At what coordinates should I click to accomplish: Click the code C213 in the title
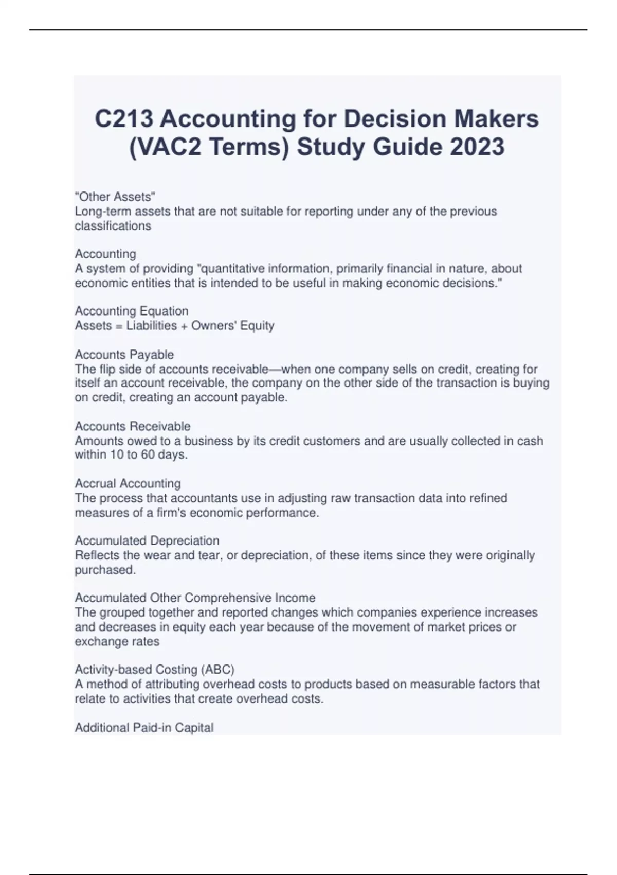tap(124, 119)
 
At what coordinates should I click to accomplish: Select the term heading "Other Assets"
tap(115, 197)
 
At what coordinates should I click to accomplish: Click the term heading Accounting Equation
tap(132, 311)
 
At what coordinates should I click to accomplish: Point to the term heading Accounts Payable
tap(124, 355)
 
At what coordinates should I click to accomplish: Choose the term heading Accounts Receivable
tap(133, 426)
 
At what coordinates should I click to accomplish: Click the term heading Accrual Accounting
tap(128, 483)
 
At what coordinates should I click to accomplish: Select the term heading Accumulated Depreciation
tap(147, 540)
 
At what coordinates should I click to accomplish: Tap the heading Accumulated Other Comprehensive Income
tap(195, 598)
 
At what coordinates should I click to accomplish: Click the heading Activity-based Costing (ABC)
tap(155, 670)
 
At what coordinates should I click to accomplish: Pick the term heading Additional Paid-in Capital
tap(144, 727)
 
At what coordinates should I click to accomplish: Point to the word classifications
tap(113, 226)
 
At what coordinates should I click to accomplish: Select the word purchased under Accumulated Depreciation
tap(105, 570)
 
